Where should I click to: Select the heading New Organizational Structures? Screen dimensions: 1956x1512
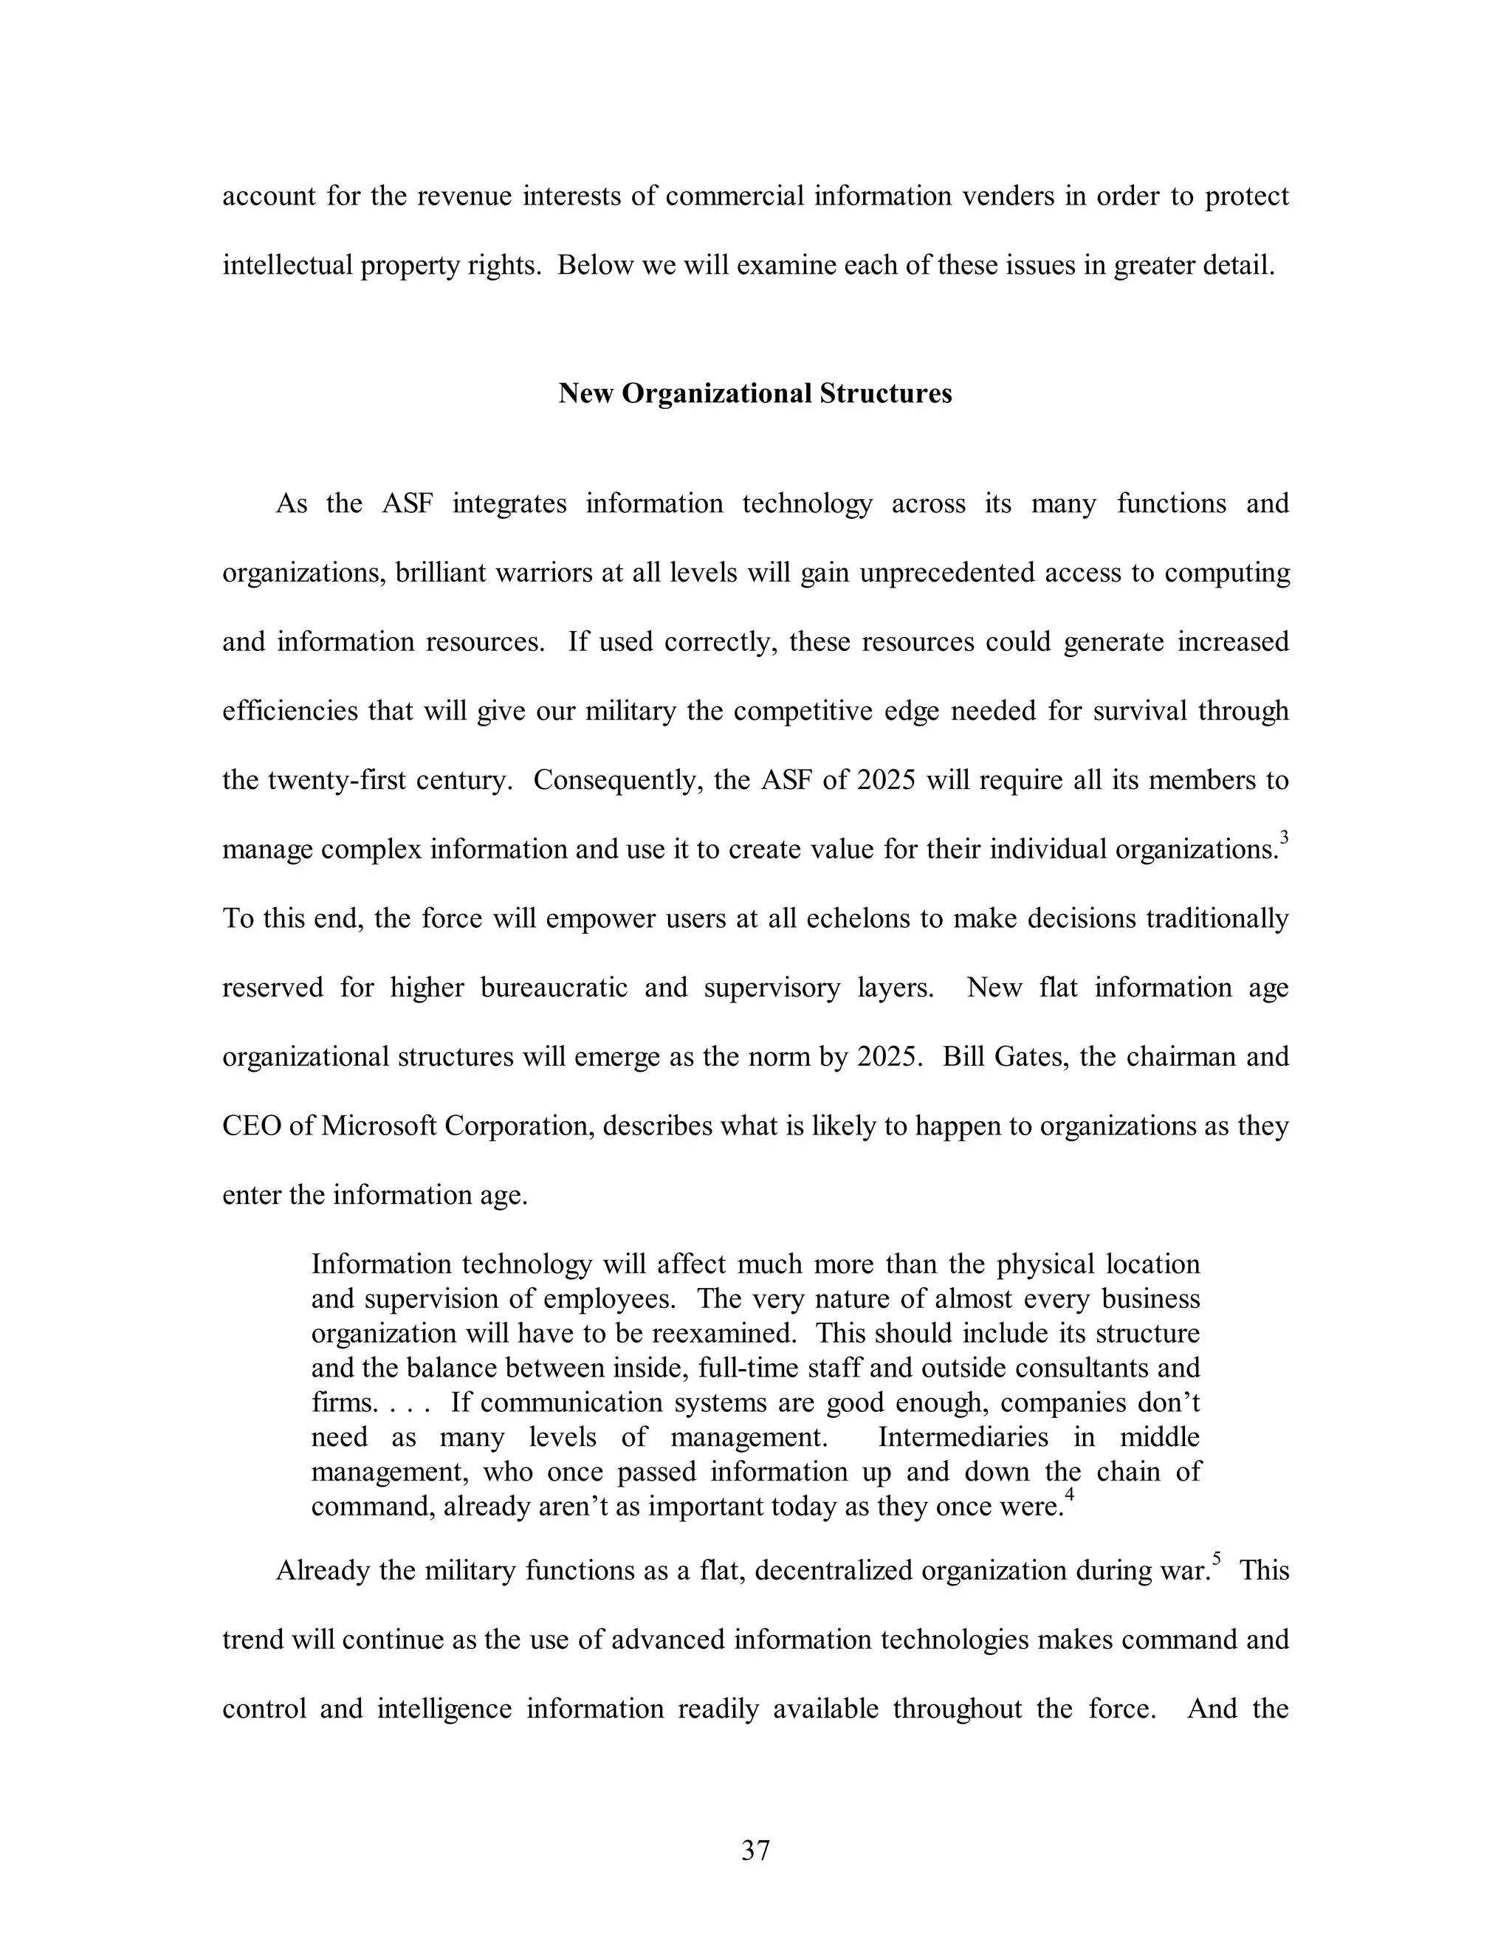[755, 393]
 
